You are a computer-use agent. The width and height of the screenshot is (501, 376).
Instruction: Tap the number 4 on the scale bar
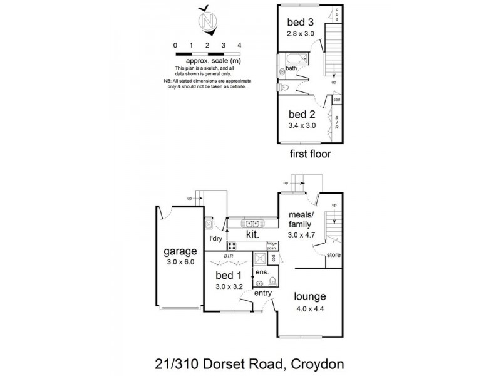tap(240, 45)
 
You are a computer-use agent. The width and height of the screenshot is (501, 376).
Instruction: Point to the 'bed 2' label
tap(301, 115)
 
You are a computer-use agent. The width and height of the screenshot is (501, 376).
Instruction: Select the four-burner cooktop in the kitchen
tap(232, 246)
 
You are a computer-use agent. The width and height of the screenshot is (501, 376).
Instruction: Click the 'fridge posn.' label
tap(271, 245)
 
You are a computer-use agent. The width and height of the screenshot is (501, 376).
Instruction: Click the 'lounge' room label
tap(311, 296)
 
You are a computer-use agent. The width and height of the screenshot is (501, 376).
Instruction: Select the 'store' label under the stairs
tap(334, 255)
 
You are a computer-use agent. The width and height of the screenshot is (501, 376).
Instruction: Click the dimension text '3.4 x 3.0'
tap(301, 125)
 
